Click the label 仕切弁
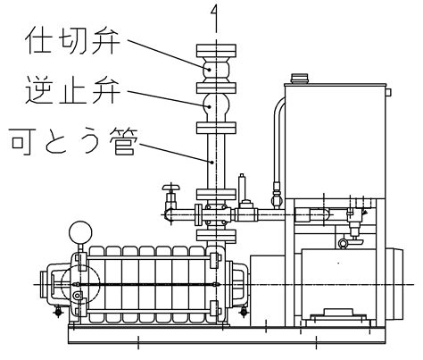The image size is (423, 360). (72, 40)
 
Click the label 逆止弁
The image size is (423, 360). (72, 89)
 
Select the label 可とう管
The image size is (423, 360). (73, 141)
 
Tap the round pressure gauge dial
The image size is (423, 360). (80, 232)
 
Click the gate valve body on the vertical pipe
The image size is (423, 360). (216, 70)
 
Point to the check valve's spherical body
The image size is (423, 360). (216, 106)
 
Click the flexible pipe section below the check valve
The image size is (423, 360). (216, 161)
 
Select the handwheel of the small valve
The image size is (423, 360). (171, 188)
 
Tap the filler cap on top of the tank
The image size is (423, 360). (299, 79)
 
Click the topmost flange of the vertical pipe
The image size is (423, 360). (216, 51)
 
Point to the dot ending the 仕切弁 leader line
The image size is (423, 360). (210, 70)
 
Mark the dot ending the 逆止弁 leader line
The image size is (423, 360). (210, 106)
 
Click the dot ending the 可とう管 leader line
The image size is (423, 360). (212, 162)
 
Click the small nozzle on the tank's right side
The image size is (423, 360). (388, 92)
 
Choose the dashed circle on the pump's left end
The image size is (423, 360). (80, 284)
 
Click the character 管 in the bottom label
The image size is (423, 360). (123, 141)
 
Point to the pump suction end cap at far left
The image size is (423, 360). (46, 283)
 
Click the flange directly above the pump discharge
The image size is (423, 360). (216, 236)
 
